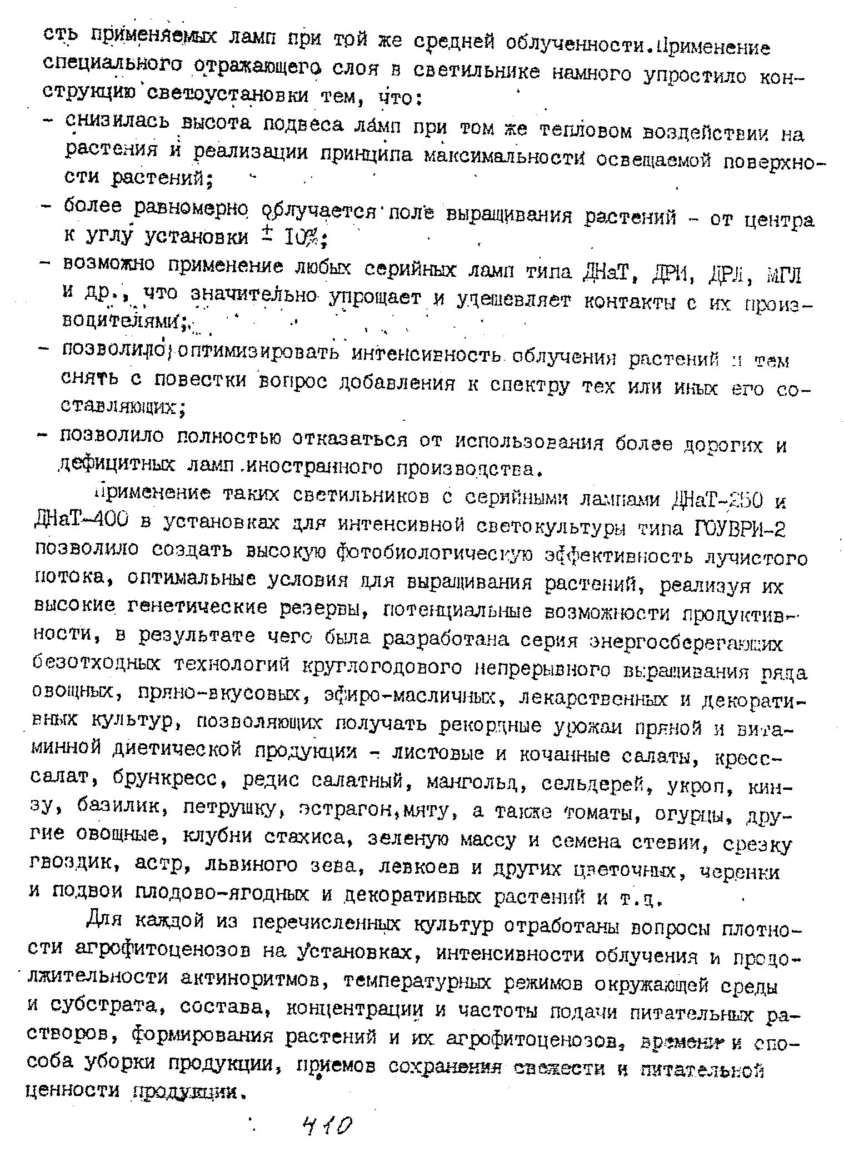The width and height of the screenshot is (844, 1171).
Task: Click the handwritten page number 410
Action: click(x=327, y=1129)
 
